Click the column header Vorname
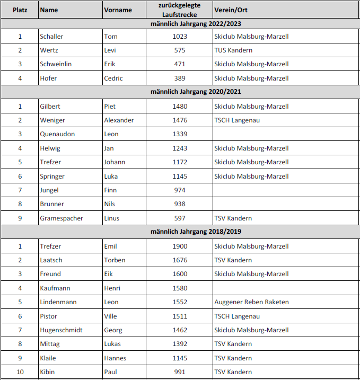[118, 10]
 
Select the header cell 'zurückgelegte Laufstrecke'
[180, 10]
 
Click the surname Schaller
[51, 37]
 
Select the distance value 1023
[180, 37]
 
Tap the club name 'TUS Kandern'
[233, 50]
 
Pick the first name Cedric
[113, 78]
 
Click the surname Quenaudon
[57, 134]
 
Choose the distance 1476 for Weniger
[180, 120]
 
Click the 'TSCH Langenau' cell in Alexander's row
[237, 120]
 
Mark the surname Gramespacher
[62, 218]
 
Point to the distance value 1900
[180, 246]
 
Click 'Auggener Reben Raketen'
[251, 302]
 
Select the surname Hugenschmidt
[61, 330]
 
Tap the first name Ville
[110, 316]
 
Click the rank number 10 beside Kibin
[20, 372]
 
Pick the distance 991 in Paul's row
[180, 372]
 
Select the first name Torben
[115, 260]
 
